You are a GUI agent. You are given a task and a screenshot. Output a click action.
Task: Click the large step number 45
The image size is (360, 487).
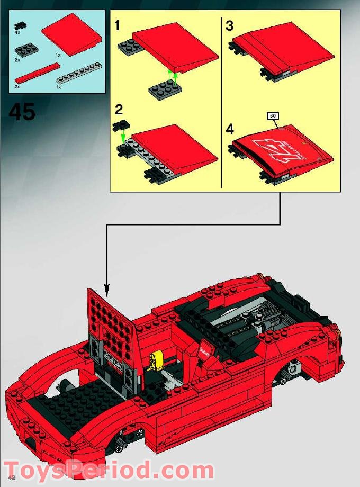[22, 112]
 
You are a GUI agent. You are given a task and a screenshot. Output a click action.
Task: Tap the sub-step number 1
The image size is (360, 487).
[118, 25]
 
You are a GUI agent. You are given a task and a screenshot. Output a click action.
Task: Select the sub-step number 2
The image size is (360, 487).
[119, 110]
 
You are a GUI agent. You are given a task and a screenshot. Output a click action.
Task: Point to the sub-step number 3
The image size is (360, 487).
[229, 25]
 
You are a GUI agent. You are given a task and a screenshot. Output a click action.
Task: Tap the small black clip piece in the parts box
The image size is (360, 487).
[21, 25]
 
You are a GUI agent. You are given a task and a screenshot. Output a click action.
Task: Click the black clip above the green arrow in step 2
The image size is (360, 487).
[121, 126]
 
